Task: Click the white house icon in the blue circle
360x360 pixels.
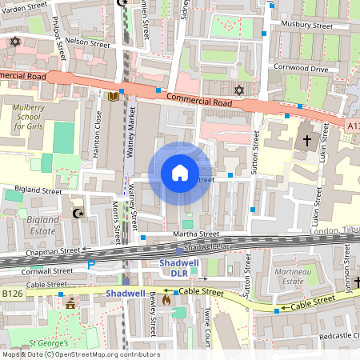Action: (x=180, y=173)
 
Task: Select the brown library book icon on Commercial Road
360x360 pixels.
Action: (x=114, y=96)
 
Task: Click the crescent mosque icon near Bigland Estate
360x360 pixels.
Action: (x=78, y=213)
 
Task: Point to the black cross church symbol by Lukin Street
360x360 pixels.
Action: (x=306, y=141)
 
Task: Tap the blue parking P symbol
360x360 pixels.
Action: (x=90, y=265)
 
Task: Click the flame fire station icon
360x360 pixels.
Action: (x=166, y=299)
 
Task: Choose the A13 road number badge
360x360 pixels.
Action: (x=353, y=125)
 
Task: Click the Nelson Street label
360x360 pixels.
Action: (x=87, y=43)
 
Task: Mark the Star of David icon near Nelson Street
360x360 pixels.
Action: (x=14, y=42)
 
